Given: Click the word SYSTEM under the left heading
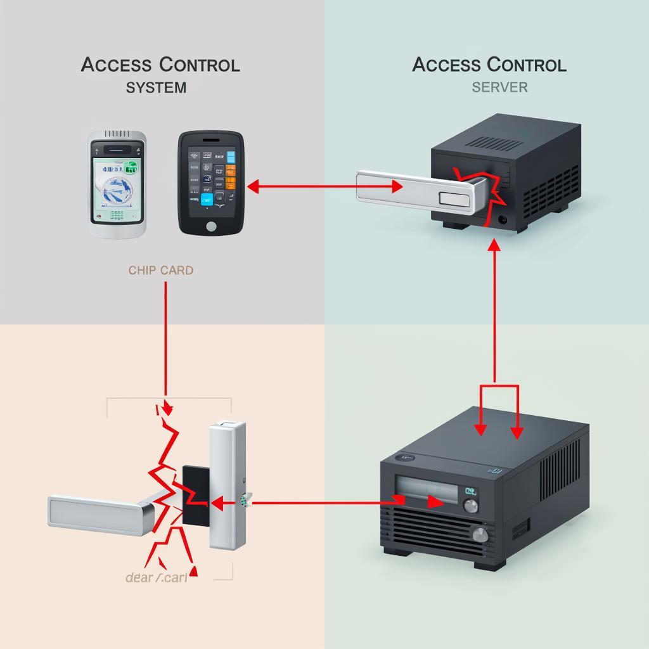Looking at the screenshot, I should (156, 87).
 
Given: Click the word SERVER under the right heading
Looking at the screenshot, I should (499, 87).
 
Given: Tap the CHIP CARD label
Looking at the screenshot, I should (161, 270).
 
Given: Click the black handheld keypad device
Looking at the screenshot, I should (210, 183).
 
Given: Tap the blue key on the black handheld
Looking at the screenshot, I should (207, 201).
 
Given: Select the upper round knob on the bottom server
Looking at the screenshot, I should (471, 506).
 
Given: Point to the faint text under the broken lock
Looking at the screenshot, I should (157, 577).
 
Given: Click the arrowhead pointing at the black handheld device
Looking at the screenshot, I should (252, 187).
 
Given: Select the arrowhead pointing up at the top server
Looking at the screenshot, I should (494, 244).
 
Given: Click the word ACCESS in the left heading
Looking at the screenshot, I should (116, 65).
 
